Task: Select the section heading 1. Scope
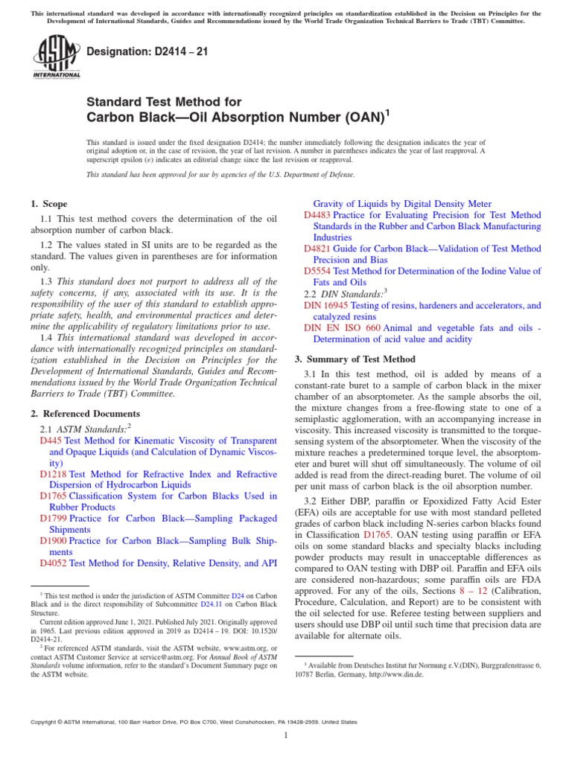coord(48,204)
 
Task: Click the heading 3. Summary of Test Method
coord(355,359)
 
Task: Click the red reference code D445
coord(49,441)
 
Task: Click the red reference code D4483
coord(317,214)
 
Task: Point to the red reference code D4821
coord(317,248)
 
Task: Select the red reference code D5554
coord(317,271)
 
